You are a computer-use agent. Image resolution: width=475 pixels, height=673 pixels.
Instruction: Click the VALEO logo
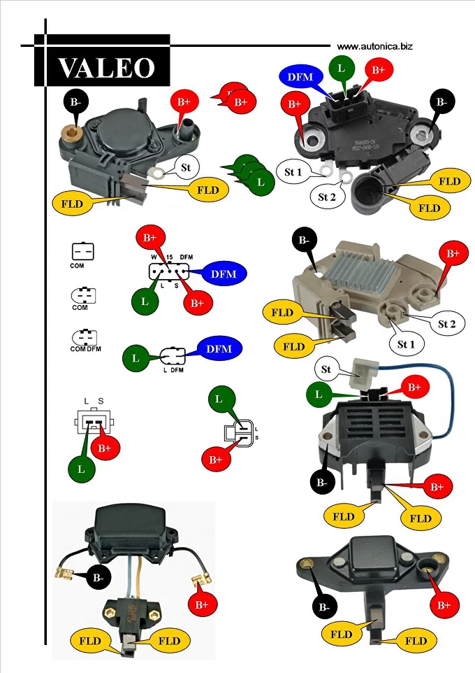105,67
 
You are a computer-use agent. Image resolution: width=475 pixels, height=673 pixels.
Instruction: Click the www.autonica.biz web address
374,46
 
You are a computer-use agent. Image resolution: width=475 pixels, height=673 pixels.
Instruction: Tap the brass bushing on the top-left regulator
71,132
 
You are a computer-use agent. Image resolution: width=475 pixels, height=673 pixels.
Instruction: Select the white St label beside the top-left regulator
185,167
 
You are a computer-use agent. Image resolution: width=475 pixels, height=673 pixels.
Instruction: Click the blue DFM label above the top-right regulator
300,76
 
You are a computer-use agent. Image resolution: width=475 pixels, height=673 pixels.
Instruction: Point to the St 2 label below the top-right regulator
327,197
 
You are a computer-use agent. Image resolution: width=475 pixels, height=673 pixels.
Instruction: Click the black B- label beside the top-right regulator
441,102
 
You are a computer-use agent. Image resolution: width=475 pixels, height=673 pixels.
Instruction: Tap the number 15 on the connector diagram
169,258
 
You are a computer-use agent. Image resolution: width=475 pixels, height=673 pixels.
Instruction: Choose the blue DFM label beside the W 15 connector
224,274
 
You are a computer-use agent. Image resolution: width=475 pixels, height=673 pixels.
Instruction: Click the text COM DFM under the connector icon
85,348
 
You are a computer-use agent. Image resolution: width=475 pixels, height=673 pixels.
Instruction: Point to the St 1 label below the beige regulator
406,344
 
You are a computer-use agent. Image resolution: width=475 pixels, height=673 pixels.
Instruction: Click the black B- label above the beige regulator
305,241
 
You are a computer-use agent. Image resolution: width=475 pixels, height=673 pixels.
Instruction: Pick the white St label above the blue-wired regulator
326,369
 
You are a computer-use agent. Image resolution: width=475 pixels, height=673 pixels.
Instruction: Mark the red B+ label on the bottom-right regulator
444,604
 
